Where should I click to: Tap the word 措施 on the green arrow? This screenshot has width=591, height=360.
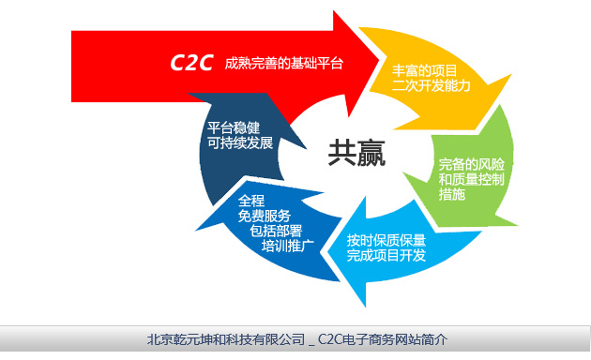tap(452, 194)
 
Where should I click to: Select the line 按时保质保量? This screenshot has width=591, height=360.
tap(386, 238)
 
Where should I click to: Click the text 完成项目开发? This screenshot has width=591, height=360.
tap(386, 255)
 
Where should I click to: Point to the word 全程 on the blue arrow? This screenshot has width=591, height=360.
tap(253, 200)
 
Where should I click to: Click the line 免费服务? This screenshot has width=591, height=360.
tap(265, 217)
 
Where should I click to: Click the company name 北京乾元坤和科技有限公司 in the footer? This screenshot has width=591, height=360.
tap(226, 338)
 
